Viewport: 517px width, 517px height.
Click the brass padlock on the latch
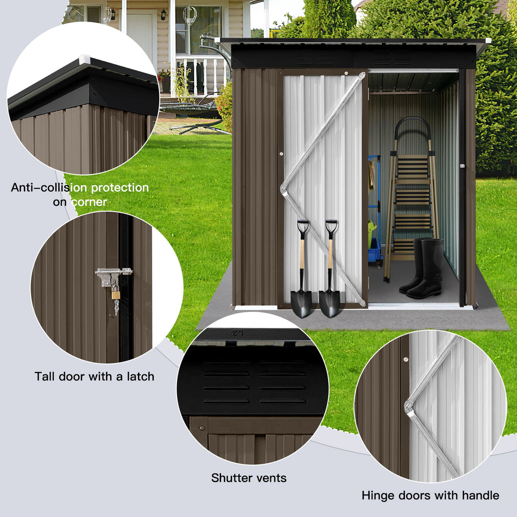[115, 293]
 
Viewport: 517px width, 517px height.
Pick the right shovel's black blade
[330, 303]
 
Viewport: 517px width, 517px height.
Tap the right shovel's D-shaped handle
[331, 227]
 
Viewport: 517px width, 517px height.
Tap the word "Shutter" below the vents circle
[233, 478]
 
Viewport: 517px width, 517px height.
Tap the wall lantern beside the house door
[164, 14]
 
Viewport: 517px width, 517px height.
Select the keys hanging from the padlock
[116, 307]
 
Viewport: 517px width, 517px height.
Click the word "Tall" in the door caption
[45, 376]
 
